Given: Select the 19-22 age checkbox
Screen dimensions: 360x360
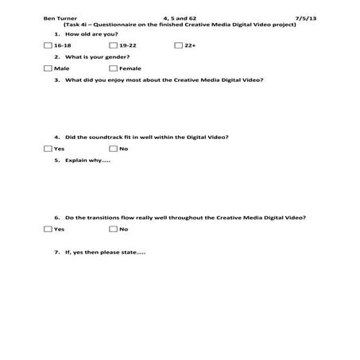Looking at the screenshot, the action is pyautogui.click(x=113, y=46).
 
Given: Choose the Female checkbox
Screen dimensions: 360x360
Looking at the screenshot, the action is pyautogui.click(x=113, y=68).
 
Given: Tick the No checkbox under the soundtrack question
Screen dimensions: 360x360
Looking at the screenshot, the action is pyautogui.click(x=113, y=149).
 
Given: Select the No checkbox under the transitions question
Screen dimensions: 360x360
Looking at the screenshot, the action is pyautogui.click(x=113, y=229).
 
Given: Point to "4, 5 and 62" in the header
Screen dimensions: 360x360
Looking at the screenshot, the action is pyautogui.click(x=179, y=17).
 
